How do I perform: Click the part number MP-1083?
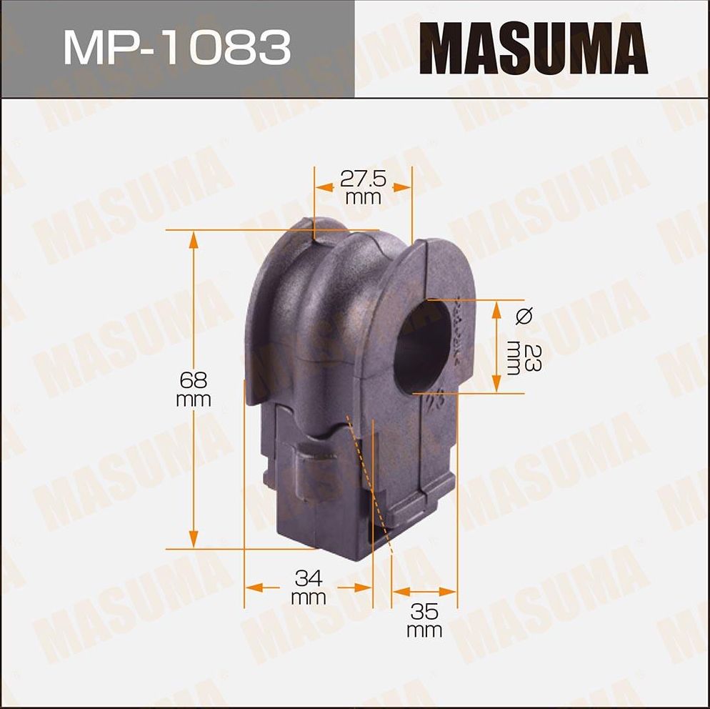(x=176, y=47)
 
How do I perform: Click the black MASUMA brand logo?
(x=533, y=48)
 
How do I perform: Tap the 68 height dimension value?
(x=193, y=380)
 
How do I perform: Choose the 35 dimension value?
(x=424, y=611)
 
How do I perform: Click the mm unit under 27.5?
(x=363, y=198)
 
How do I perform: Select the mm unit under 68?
(x=194, y=400)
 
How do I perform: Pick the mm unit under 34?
(x=308, y=598)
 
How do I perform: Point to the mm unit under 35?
(x=424, y=630)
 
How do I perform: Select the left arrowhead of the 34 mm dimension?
(x=251, y=587)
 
